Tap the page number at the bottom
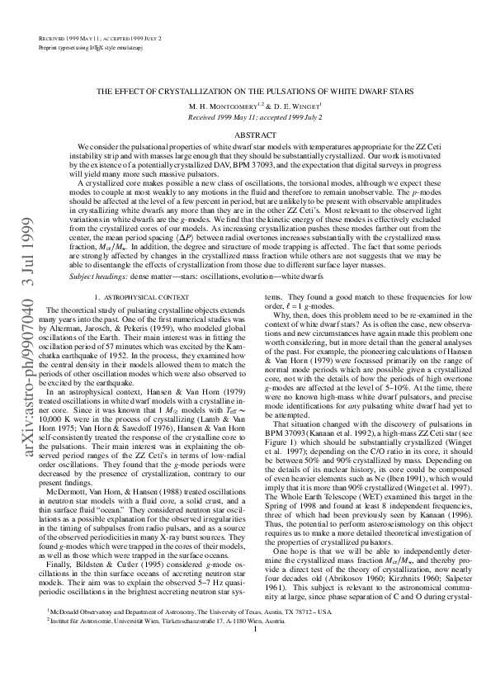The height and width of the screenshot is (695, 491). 256,675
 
